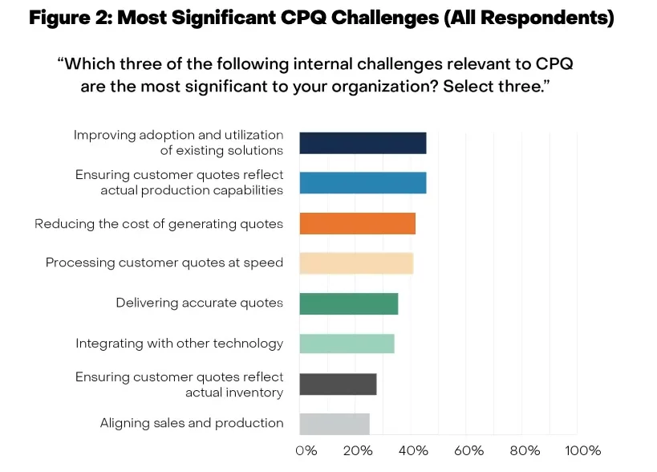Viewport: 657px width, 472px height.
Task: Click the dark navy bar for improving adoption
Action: pos(363,143)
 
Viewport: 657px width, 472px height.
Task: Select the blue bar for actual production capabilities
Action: pos(363,183)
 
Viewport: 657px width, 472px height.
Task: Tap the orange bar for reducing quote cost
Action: pos(357,223)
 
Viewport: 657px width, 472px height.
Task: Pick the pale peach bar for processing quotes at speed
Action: pos(356,263)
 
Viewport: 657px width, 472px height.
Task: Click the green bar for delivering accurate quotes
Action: pos(348,303)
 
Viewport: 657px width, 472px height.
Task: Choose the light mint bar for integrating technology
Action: pos(347,344)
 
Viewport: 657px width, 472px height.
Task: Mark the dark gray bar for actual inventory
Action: pos(338,384)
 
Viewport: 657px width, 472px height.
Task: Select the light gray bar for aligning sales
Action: pos(335,424)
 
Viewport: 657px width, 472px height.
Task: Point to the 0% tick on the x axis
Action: pos(306,450)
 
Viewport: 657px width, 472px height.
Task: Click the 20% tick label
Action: pos(359,450)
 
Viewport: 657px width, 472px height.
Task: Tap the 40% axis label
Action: pos(413,450)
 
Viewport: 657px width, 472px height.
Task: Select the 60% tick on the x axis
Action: pos(469,450)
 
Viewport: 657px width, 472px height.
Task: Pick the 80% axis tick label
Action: pos(525,450)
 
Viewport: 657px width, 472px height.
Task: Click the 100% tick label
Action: pos(581,450)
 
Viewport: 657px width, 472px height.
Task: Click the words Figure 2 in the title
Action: pos(69,18)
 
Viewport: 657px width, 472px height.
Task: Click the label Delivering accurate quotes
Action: pos(199,303)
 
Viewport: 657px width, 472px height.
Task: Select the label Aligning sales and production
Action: pos(192,423)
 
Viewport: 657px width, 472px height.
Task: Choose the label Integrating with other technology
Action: pos(179,343)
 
